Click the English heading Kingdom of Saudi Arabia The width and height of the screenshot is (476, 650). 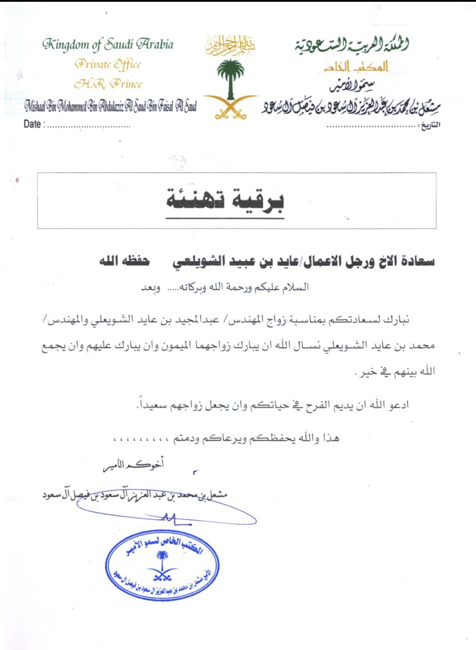[x=108, y=44]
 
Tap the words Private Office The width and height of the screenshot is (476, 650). [x=108, y=64]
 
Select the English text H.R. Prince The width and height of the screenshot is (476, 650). [x=108, y=84]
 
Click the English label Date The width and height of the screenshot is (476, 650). [x=32, y=124]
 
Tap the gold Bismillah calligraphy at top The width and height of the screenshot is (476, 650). [x=230, y=45]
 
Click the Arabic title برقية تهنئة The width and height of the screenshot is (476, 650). [x=225, y=201]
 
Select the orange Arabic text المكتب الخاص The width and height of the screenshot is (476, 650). [x=356, y=67]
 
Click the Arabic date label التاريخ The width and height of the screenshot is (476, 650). [x=430, y=125]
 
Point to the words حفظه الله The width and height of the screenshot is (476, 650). [x=124, y=261]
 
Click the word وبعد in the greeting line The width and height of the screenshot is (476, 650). [x=151, y=288]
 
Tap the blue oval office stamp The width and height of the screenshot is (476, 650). [x=162, y=566]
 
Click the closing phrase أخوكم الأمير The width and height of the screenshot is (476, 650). [x=133, y=465]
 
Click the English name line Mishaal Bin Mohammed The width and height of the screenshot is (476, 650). [x=110, y=106]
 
